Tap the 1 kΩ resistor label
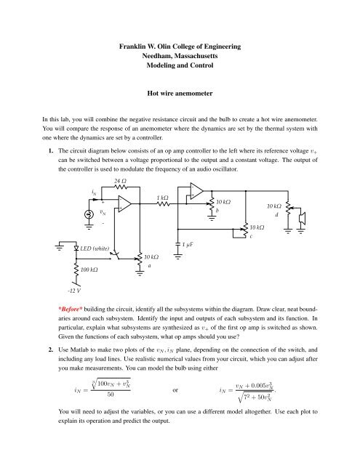point(163,198)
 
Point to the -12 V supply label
point(73,291)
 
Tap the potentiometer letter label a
point(148,265)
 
